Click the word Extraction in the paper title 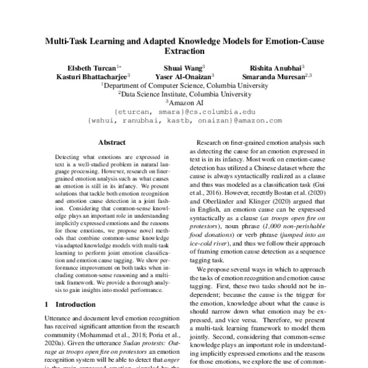pos(184,53)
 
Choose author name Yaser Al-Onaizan pos(183,77)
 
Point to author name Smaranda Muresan pos(275,77)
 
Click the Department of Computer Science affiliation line pos(184,86)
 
